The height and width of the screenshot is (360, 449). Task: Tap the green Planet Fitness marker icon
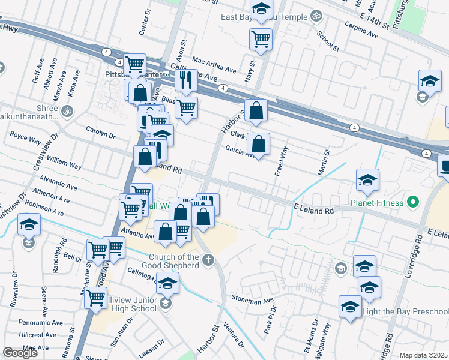coord(412,202)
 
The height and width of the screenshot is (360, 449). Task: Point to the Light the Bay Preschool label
coord(413,311)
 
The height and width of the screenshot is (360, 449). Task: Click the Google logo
coord(20,353)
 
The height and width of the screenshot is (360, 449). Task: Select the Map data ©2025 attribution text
coord(424,355)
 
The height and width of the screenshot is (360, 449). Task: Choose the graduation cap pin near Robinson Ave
coord(28,225)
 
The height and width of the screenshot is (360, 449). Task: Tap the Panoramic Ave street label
coord(40,321)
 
